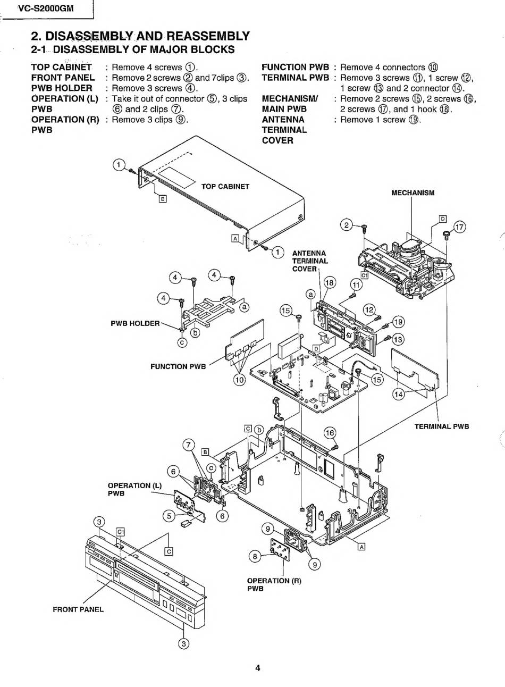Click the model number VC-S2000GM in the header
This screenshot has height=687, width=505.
click(46, 9)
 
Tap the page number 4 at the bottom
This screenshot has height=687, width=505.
click(258, 667)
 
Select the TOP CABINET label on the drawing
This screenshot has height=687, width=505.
click(225, 187)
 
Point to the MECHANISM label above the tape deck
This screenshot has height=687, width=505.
click(413, 192)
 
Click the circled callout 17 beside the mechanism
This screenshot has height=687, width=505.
click(459, 227)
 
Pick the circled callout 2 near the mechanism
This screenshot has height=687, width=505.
click(347, 225)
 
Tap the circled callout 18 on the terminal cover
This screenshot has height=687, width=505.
click(330, 282)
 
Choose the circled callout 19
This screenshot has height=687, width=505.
click(398, 322)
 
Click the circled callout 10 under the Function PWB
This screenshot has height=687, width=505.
click(239, 380)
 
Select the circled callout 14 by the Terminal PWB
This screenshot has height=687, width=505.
click(398, 394)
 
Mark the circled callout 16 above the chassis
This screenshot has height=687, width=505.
click(330, 433)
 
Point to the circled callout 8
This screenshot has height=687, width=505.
click(255, 556)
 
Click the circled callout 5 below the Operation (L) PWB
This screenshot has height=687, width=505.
click(169, 516)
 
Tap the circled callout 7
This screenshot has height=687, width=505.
click(189, 445)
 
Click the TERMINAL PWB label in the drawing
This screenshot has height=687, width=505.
click(442, 426)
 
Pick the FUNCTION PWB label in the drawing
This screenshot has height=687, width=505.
click(178, 366)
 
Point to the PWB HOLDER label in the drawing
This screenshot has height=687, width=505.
click(135, 323)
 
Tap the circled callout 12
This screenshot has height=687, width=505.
click(369, 310)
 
